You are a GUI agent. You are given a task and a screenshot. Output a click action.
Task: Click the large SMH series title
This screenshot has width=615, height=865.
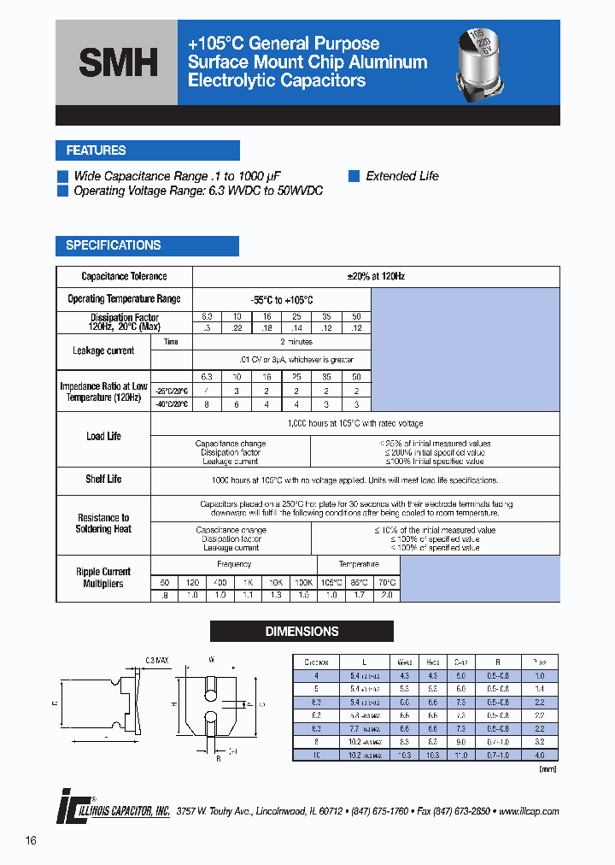(x=118, y=62)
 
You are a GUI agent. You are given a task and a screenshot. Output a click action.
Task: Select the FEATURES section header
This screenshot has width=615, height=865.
(x=96, y=150)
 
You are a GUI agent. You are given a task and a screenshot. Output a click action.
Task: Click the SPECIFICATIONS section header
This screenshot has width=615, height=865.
(x=113, y=245)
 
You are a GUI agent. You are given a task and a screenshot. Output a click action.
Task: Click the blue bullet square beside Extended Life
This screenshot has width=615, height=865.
(x=354, y=176)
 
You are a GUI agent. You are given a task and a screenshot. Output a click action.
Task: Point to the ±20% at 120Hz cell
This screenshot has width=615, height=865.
(x=376, y=277)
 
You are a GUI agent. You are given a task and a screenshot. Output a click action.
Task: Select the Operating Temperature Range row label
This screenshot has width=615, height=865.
(x=124, y=299)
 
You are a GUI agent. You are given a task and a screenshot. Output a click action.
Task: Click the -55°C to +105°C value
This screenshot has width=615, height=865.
(x=282, y=301)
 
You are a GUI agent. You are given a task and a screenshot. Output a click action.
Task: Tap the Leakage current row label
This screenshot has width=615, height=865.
(x=103, y=350)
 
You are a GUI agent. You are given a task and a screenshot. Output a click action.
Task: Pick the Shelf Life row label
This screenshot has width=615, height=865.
(x=103, y=480)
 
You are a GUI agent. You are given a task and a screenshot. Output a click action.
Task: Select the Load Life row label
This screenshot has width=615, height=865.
(x=103, y=436)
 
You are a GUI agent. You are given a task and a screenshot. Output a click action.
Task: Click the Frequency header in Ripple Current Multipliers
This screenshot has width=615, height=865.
(x=233, y=565)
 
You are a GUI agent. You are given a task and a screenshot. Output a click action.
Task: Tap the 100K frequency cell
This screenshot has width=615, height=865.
(x=303, y=582)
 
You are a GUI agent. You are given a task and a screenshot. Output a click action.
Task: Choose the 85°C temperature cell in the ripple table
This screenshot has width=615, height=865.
(x=359, y=582)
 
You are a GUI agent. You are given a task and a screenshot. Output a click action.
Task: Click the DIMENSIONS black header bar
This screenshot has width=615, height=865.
(x=302, y=632)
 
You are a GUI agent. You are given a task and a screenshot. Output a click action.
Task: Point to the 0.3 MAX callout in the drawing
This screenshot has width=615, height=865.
(x=158, y=661)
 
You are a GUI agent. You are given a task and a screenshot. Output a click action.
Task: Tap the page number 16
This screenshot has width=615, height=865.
(x=31, y=841)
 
